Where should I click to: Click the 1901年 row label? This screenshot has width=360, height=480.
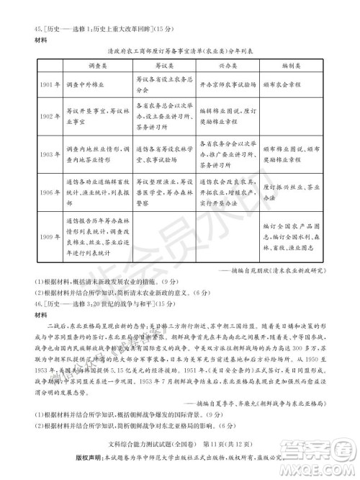pos(27,82)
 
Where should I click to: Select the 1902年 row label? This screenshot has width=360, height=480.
pos(27,115)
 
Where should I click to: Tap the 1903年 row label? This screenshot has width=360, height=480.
pos(27,154)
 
